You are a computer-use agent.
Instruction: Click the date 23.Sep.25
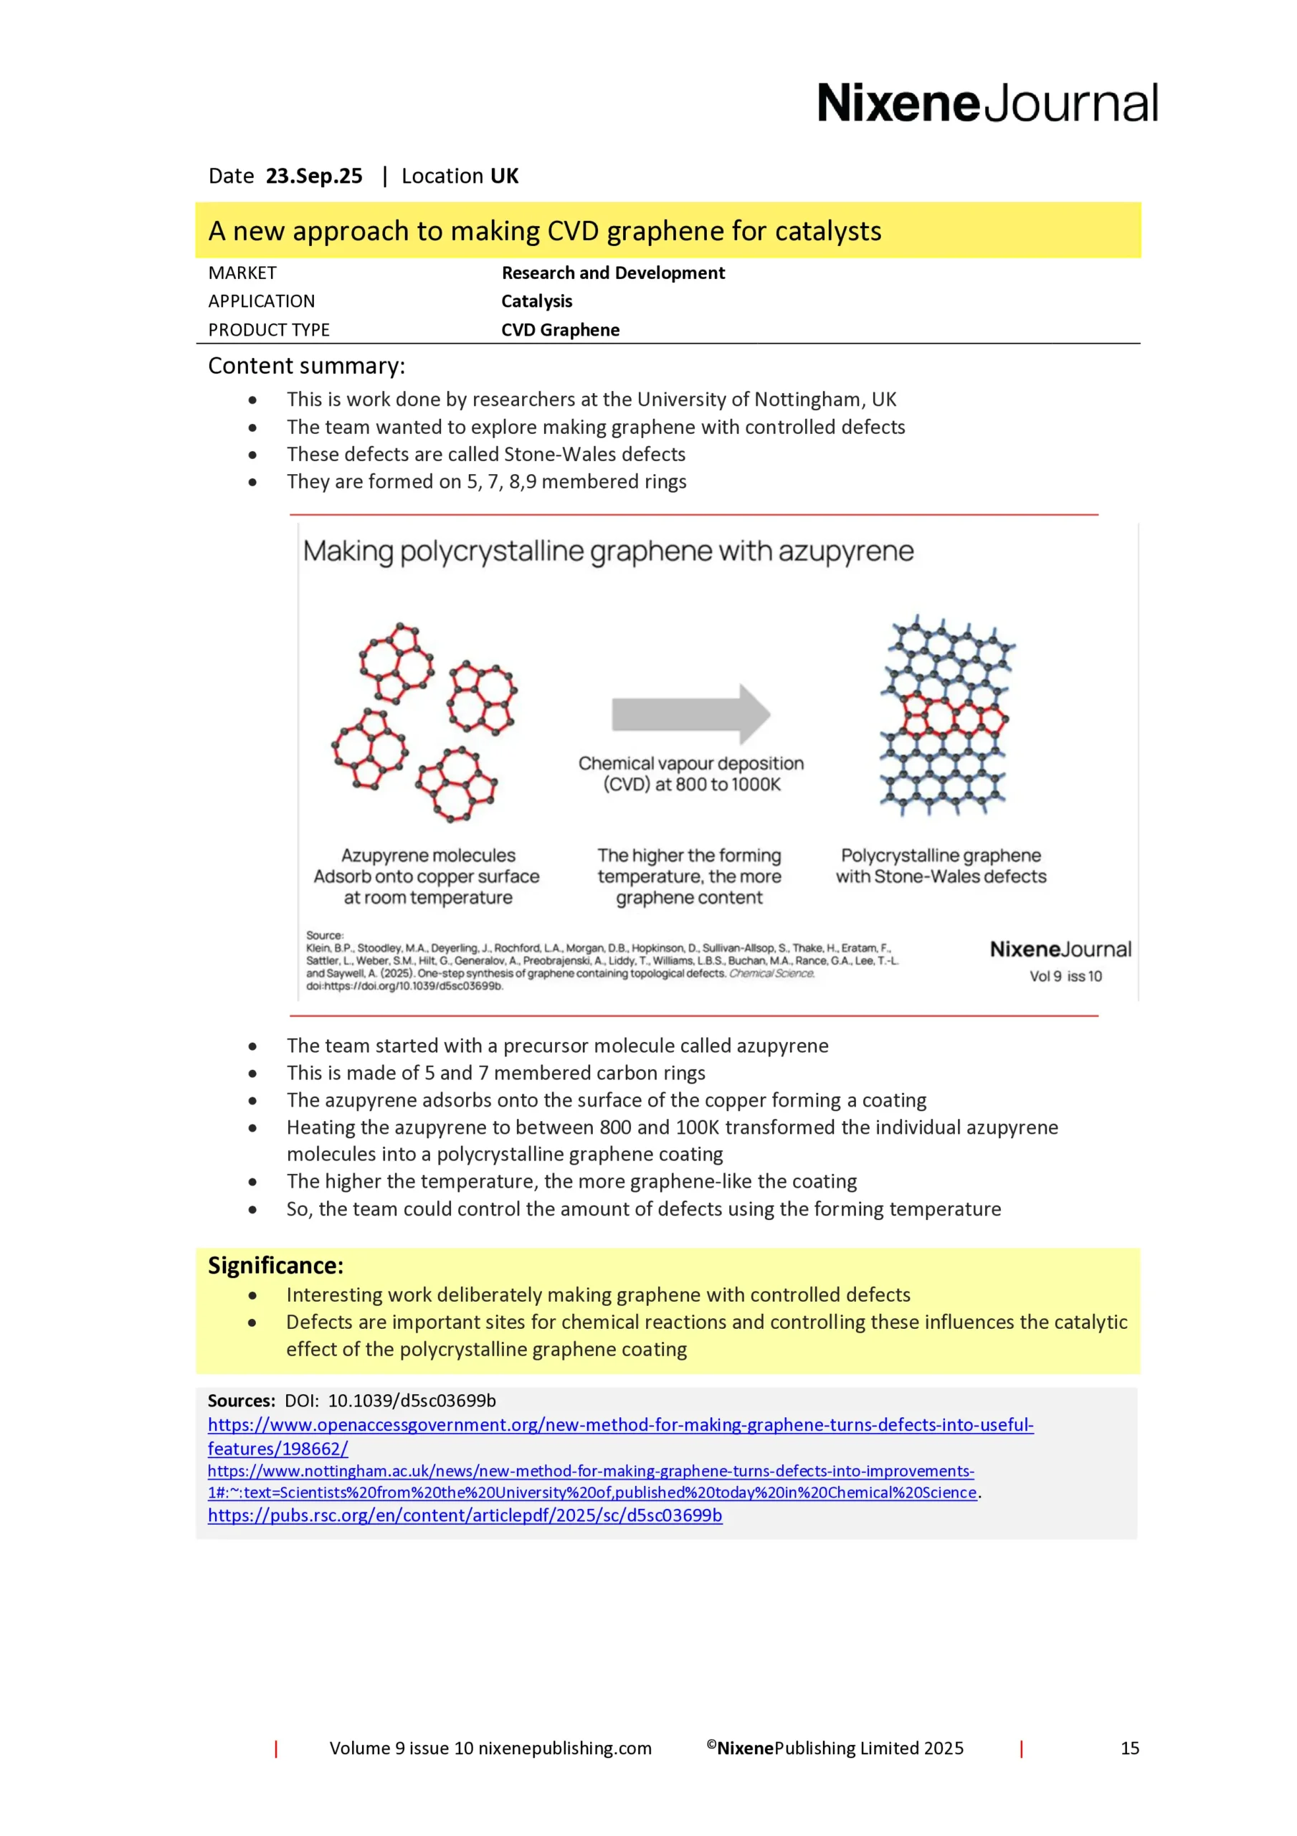click(x=313, y=176)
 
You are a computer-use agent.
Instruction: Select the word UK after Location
click(x=504, y=176)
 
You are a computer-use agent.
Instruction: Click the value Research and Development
click(x=612, y=273)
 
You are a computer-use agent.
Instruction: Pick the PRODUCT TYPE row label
click(x=269, y=329)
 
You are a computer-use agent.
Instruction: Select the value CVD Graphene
click(x=560, y=329)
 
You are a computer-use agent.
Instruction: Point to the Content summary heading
click(x=306, y=366)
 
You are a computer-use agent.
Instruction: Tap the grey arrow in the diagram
click(x=690, y=714)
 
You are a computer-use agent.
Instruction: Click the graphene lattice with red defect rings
click(x=945, y=714)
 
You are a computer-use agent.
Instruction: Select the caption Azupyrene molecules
click(x=428, y=856)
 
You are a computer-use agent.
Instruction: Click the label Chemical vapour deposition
click(x=691, y=764)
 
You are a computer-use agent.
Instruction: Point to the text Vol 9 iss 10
click(x=1065, y=976)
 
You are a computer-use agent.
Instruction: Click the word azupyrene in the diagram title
click(x=845, y=551)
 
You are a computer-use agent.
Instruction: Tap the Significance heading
click(x=275, y=1266)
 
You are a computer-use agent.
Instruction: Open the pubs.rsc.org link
click(x=465, y=1515)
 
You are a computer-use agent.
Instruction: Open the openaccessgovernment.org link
click(x=619, y=1425)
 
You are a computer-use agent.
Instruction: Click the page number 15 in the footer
click(x=1129, y=1748)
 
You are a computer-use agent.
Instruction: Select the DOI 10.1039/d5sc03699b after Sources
click(x=412, y=1401)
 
